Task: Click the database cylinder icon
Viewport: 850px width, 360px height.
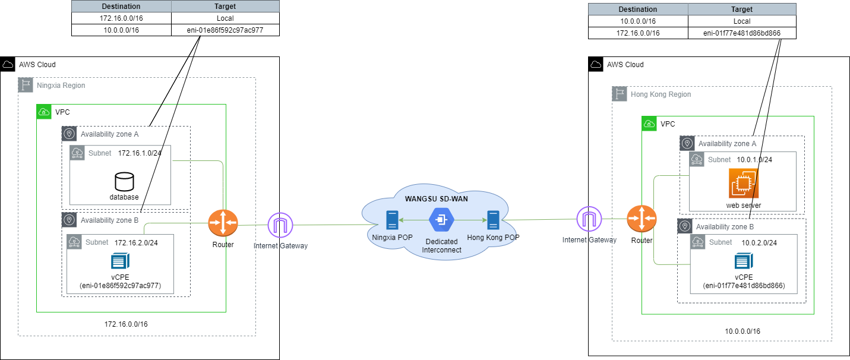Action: point(124,181)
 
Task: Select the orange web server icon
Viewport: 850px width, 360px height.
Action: point(743,184)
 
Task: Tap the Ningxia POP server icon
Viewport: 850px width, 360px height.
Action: point(391,220)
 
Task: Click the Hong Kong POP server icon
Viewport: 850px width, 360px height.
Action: point(492,220)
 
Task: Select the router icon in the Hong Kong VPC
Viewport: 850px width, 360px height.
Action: point(642,220)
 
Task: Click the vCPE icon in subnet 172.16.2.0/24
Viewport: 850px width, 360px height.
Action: point(120,261)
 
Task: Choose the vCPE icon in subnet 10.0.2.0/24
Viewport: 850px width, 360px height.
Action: point(744,261)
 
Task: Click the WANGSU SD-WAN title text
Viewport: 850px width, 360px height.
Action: point(435,198)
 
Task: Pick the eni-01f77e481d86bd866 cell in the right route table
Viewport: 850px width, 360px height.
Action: point(742,33)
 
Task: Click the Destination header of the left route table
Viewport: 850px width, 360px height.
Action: point(121,7)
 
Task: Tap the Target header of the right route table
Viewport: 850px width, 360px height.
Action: point(742,10)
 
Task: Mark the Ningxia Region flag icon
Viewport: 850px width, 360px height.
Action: point(26,85)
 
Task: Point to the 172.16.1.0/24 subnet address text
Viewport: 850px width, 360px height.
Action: point(140,153)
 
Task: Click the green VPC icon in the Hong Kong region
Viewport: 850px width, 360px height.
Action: point(649,124)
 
